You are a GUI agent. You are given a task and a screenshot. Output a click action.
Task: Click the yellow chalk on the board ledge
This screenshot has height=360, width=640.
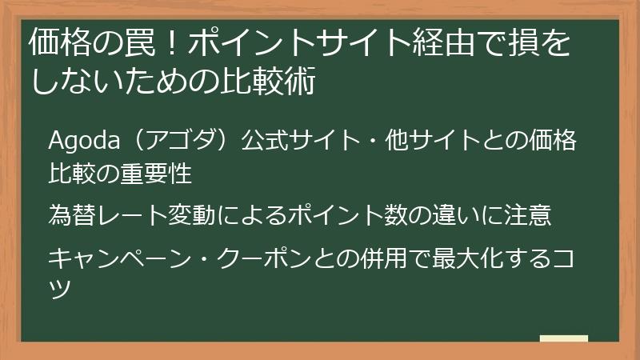(x=564, y=338)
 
